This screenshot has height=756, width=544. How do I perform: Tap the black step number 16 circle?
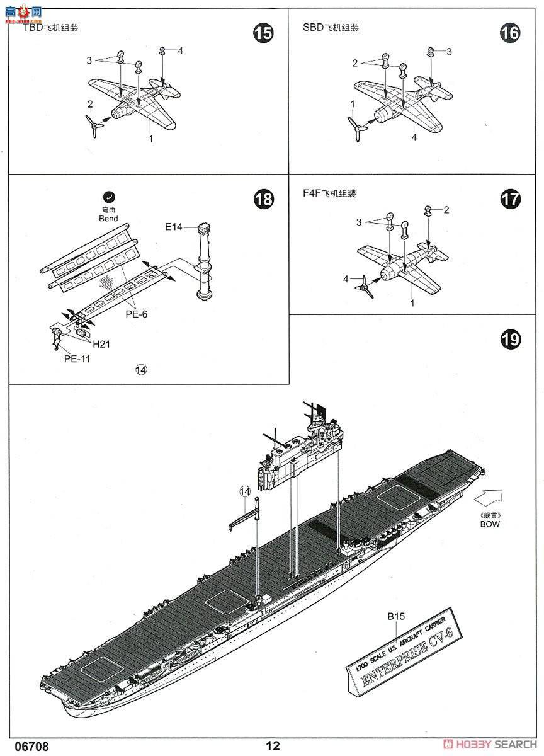510,33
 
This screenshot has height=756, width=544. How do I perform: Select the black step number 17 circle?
510,200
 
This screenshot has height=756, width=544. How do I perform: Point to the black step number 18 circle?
263,200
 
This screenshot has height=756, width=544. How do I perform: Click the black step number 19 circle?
510,340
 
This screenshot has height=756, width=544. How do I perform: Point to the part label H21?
101,345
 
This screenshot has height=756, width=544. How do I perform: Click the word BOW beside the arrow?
489,524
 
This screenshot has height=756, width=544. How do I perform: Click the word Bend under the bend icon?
108,219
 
